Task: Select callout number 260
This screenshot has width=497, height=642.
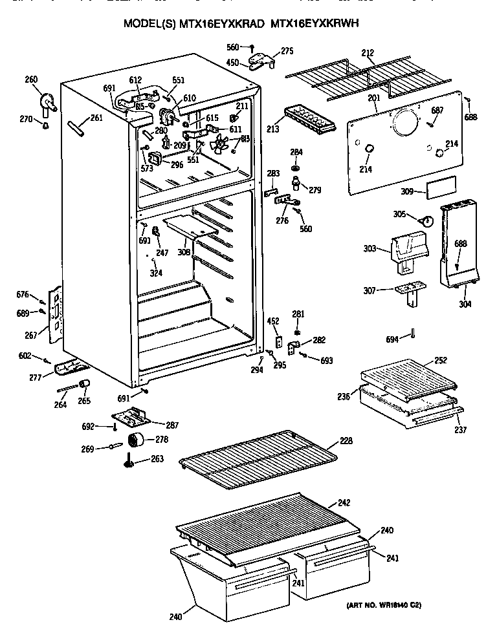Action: (x=31, y=80)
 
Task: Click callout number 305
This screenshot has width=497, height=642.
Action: (x=399, y=213)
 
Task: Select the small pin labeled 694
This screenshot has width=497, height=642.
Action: (x=412, y=334)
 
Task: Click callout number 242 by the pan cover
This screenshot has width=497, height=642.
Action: (x=344, y=503)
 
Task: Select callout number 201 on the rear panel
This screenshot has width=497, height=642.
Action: (x=373, y=98)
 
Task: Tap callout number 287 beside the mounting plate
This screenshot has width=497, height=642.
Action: (x=172, y=425)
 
